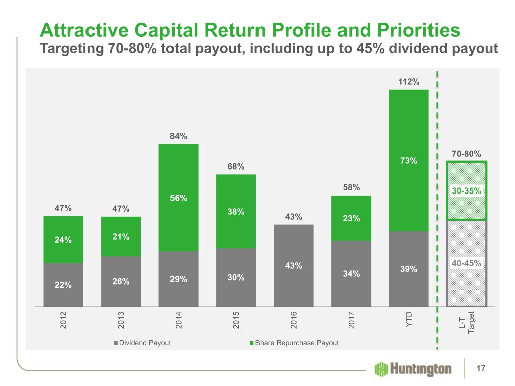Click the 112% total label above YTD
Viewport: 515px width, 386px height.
[x=409, y=82]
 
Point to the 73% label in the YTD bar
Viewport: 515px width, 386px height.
[x=409, y=161]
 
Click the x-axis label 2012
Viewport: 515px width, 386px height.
[x=63, y=320]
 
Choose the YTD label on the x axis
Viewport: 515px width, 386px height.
[x=409, y=319]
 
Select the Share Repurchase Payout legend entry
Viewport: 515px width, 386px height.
[x=297, y=343]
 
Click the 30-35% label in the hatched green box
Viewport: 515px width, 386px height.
[x=466, y=191]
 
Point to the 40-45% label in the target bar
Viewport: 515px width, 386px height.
[x=466, y=263]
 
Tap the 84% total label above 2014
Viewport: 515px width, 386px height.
[x=179, y=136]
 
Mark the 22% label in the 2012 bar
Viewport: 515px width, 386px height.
[x=63, y=285]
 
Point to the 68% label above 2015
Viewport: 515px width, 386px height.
[x=236, y=166]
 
